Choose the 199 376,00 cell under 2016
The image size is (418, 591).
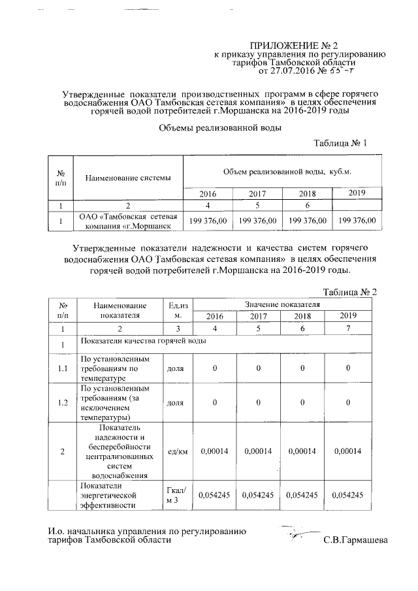point(208,221)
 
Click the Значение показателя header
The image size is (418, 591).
point(282,304)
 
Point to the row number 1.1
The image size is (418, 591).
point(63,368)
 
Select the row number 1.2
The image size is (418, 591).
point(63,402)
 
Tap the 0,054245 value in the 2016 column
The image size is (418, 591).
point(214,496)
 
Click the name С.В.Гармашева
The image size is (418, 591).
point(355,540)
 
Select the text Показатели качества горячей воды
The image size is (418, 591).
point(138,342)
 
